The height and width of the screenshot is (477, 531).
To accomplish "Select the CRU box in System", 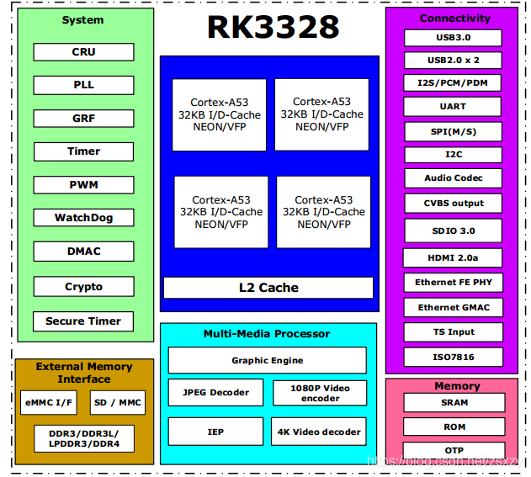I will tap(83, 52).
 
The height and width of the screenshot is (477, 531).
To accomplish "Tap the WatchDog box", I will tap(83, 218).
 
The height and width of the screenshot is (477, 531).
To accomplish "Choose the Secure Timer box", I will tap(83, 321).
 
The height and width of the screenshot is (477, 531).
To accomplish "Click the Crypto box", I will tap(83, 287).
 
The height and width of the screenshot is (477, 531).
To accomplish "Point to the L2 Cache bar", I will tap(268, 288).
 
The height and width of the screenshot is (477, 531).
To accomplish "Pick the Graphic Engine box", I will tap(268, 360).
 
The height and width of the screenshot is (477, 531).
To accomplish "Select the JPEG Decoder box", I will tap(216, 393).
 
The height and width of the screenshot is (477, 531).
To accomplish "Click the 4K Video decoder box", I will tap(319, 432).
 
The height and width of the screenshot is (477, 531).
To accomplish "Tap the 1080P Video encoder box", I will tap(319, 393).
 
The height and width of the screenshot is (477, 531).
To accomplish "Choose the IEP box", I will tap(216, 432).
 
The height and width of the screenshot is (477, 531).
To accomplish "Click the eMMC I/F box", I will tap(49, 403).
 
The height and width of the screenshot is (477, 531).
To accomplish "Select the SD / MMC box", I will tap(117, 403).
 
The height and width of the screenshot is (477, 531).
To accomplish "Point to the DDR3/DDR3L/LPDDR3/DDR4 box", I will tap(83, 438).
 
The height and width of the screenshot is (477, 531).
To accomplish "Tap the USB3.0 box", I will tap(453, 38).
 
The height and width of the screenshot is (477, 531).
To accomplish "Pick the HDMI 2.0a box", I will tap(453, 257).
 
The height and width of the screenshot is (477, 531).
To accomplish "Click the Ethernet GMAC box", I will tap(453, 307).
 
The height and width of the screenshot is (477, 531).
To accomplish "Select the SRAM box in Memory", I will tap(453, 403).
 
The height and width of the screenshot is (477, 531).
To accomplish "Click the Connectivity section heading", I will tap(454, 19).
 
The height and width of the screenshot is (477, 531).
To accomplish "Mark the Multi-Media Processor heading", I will tap(267, 334).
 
